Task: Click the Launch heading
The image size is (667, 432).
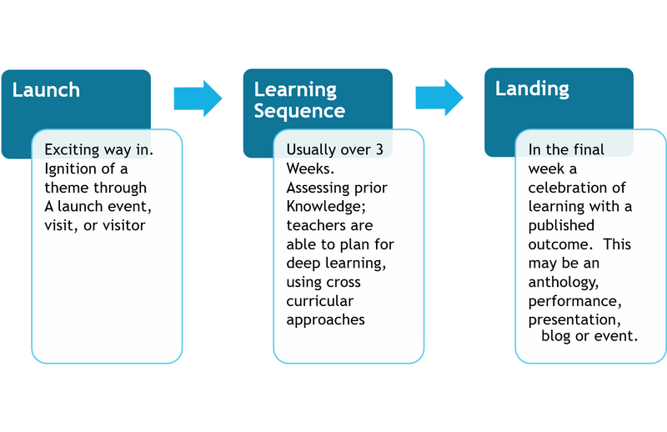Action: click(46, 90)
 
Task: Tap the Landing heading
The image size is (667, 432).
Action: click(532, 88)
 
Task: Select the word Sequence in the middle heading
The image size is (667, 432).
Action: click(298, 111)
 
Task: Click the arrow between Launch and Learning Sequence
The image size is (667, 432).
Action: click(198, 98)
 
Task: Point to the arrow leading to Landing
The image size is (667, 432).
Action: click(439, 98)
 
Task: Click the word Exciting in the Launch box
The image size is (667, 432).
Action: click(74, 150)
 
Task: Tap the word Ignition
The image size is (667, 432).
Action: click(71, 169)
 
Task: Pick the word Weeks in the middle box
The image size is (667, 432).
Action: click(306, 169)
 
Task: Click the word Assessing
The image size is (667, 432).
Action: click(315, 188)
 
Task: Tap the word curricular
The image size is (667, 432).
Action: click(320, 301)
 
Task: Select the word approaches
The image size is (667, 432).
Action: click(326, 319)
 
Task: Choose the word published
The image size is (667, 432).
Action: click(561, 225)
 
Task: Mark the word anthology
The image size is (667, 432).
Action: click(563, 282)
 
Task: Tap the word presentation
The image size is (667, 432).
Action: click(574, 319)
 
